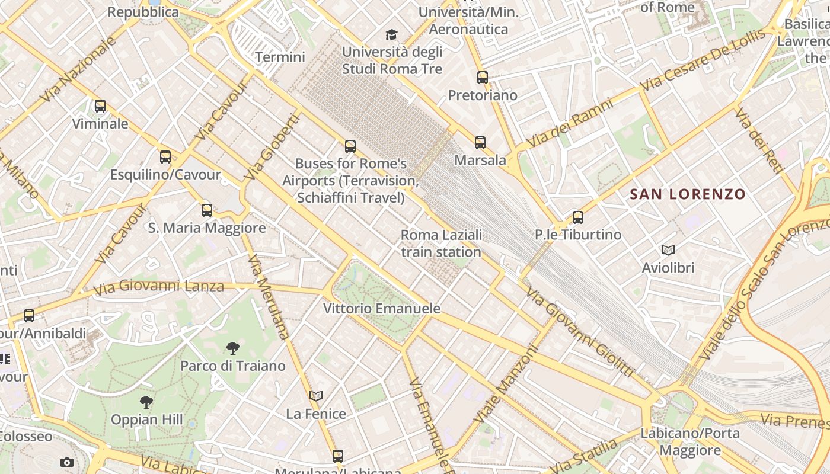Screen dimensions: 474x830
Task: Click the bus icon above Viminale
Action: point(100,106)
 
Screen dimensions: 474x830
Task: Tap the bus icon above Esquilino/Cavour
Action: point(165,157)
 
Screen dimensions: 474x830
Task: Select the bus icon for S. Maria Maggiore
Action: point(207,210)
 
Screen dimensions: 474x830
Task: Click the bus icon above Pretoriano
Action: point(483,77)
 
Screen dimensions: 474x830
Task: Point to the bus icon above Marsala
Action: point(480,142)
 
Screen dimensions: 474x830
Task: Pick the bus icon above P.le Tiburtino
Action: point(578,217)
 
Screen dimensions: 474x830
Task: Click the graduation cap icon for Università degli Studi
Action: point(391,34)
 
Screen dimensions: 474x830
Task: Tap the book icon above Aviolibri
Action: point(668,250)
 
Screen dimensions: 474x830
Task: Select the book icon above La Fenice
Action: point(317,396)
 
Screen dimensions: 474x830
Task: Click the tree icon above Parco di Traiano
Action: point(233,348)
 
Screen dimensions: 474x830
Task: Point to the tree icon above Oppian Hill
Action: point(146,402)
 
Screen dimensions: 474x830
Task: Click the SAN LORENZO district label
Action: point(688,194)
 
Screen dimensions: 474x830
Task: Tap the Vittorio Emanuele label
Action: point(382,308)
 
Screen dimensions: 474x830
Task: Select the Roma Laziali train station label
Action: point(441,244)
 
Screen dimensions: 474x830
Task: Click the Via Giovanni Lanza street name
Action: point(159,287)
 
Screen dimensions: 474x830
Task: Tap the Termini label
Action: point(280,57)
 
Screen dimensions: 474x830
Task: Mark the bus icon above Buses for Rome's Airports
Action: point(350,146)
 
